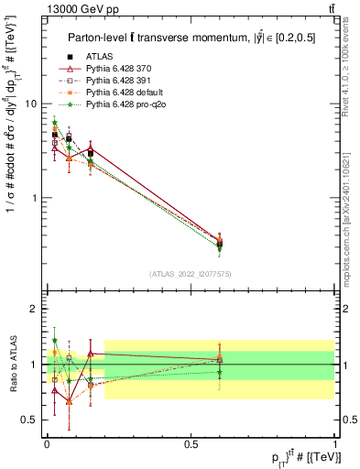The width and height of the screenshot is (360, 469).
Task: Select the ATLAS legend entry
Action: point(101,57)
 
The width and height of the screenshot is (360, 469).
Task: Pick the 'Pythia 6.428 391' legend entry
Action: point(122,82)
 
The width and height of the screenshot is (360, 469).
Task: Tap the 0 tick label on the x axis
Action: point(47,443)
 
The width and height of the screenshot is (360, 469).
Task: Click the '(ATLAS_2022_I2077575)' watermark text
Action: point(191,274)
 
